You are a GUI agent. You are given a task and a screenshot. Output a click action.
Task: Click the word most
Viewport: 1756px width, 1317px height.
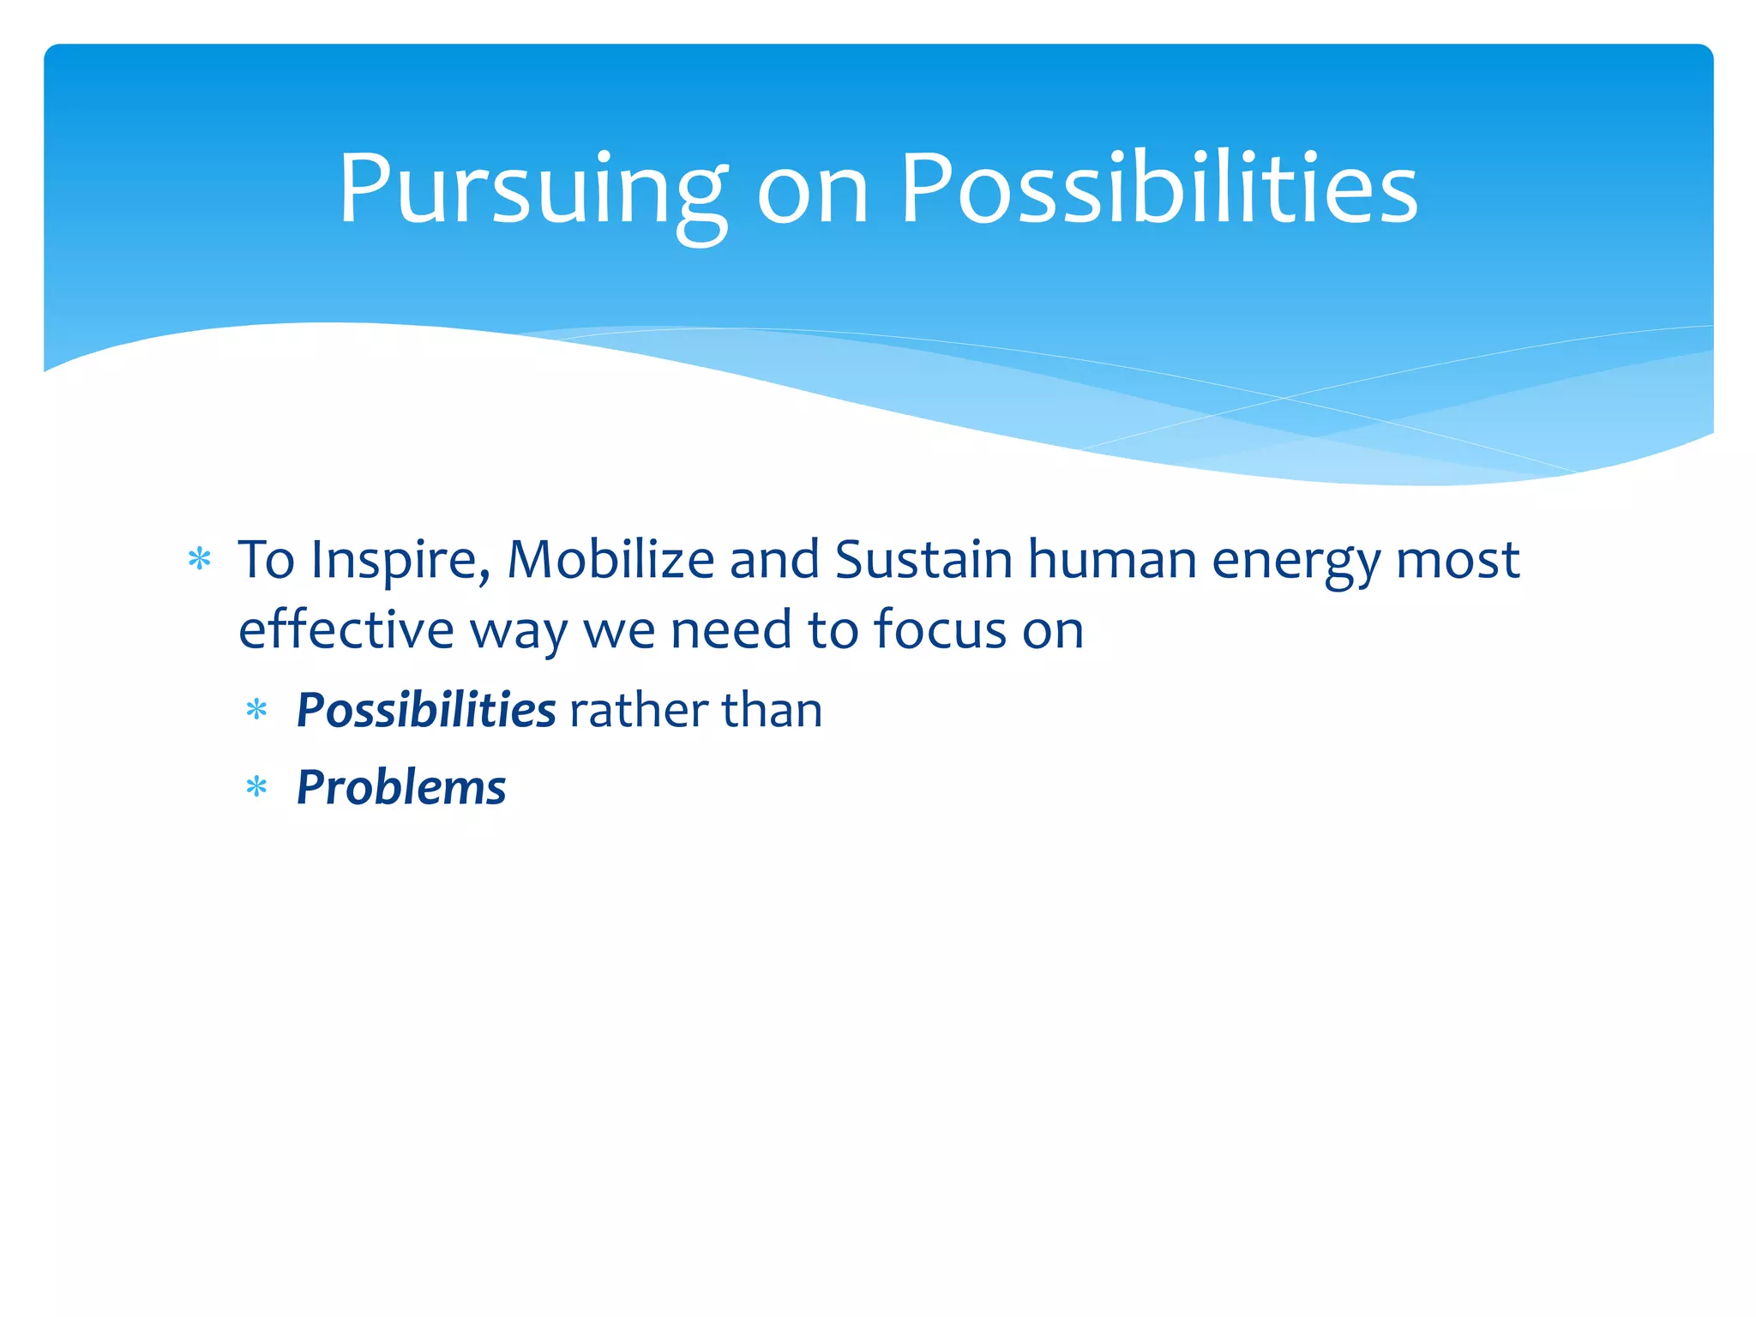tap(1458, 561)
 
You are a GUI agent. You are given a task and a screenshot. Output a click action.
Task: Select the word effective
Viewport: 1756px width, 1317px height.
tap(346, 629)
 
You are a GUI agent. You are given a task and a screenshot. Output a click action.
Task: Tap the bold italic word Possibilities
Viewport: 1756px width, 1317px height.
tap(426, 710)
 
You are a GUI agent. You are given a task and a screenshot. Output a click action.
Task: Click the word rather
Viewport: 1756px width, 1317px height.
tap(638, 710)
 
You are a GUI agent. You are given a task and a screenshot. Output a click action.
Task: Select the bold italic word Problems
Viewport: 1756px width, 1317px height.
tap(401, 787)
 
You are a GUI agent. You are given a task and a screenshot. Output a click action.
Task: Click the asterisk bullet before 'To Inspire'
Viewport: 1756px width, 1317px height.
tap(199, 560)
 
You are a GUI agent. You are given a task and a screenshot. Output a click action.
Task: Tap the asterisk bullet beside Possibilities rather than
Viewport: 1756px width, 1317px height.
tap(256, 710)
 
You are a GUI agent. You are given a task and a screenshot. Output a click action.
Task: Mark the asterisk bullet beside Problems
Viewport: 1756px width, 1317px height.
tap(256, 787)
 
